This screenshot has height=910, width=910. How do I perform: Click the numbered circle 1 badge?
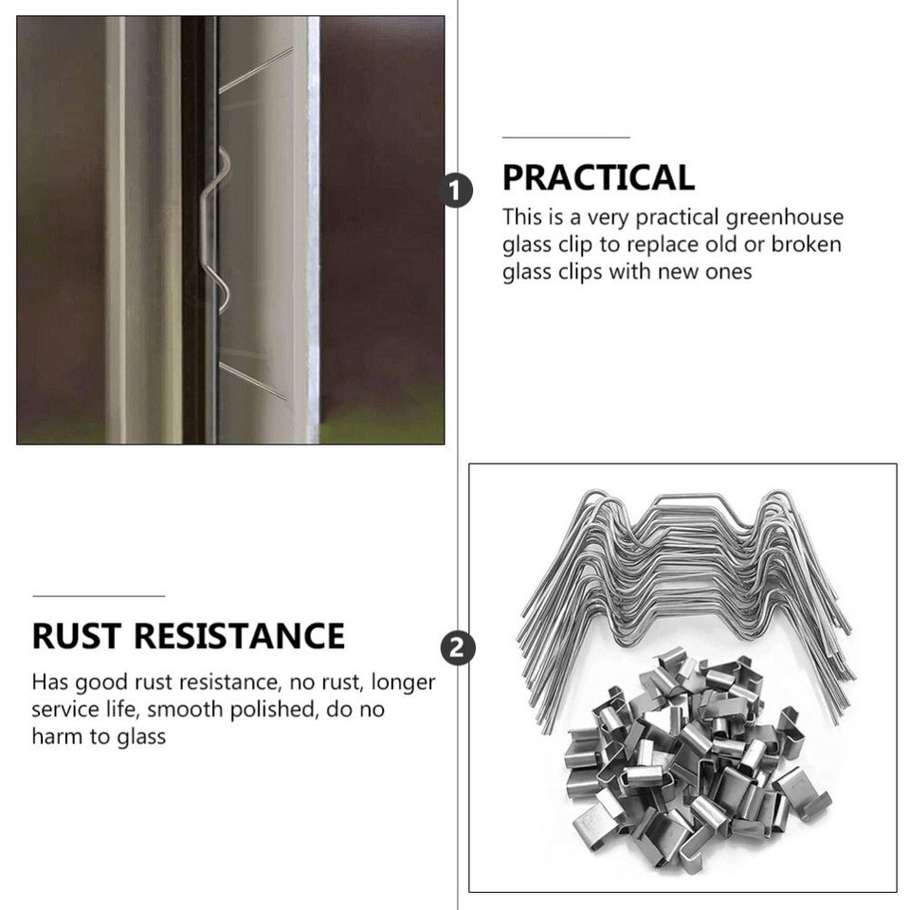[x=457, y=191]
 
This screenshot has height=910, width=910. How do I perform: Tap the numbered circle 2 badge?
[x=458, y=648]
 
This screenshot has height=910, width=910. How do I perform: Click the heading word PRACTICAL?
[x=598, y=177]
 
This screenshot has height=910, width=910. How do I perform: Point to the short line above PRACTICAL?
[x=566, y=138]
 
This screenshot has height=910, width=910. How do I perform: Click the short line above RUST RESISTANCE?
[x=99, y=596]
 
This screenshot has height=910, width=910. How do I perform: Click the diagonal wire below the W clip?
[x=252, y=379]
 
